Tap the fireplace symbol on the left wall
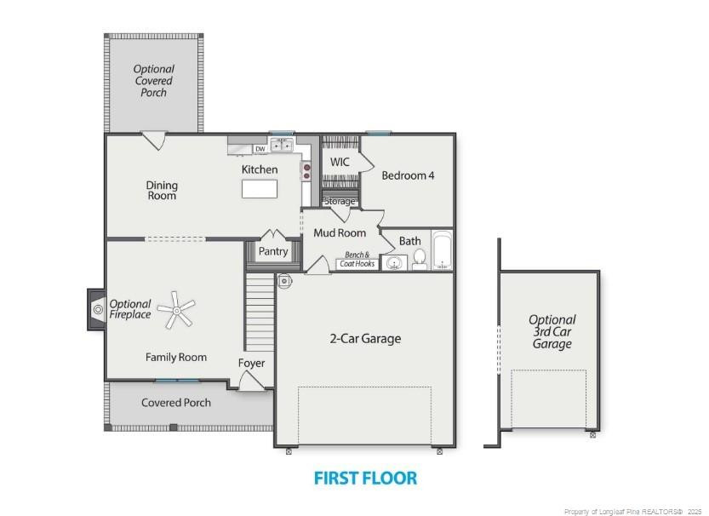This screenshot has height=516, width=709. (97, 309)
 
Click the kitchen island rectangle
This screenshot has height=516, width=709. (260, 189)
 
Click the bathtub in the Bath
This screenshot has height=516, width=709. (442, 250)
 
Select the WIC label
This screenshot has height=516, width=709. (340, 162)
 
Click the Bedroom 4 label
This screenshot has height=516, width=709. (408, 175)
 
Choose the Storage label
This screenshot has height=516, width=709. (340, 202)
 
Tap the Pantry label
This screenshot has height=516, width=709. (273, 251)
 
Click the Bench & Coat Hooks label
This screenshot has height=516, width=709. (357, 259)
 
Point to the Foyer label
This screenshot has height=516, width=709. (251, 363)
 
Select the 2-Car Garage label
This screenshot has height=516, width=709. (365, 338)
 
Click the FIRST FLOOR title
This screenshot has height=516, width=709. (365, 478)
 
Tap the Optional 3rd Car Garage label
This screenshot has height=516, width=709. (552, 332)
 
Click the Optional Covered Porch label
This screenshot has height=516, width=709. (154, 81)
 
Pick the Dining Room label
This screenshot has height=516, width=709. (162, 190)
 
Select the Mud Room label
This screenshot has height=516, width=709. (340, 232)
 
